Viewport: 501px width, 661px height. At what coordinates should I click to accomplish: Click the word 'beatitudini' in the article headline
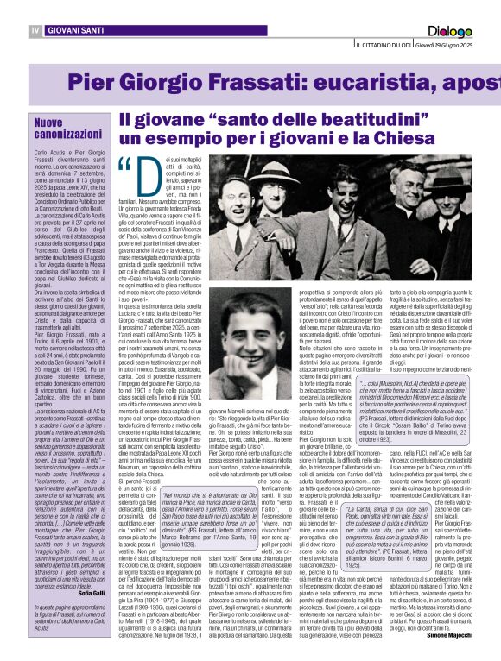click(x=343, y=120)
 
